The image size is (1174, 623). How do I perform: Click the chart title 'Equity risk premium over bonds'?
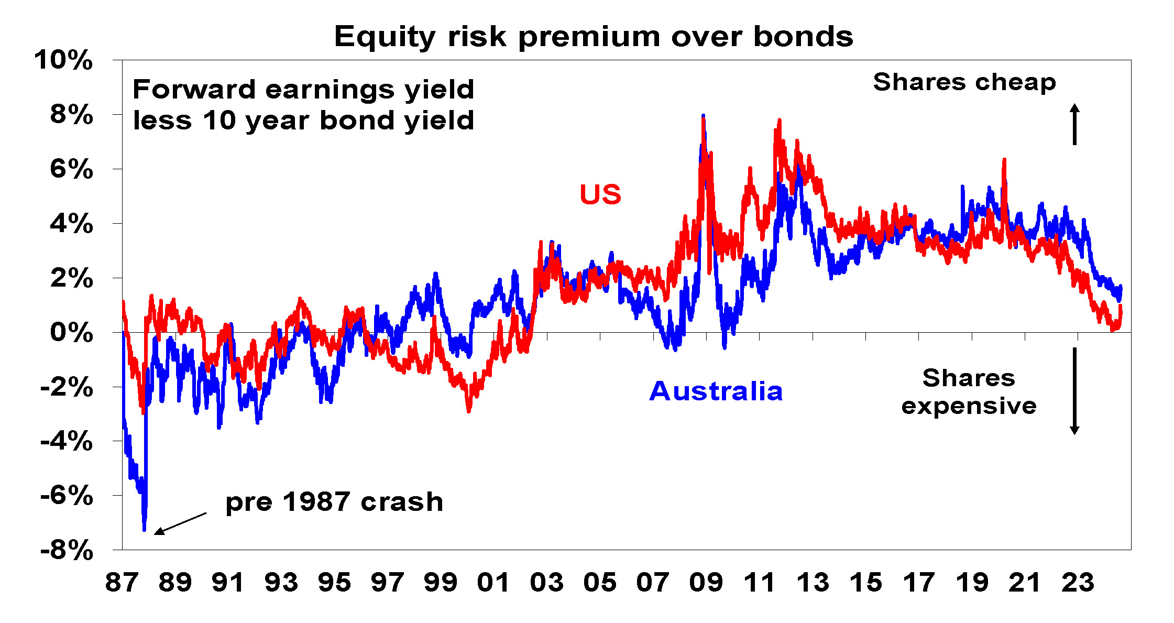coord(594,37)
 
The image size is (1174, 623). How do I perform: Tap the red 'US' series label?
coord(600,194)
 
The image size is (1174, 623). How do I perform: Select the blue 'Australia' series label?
coord(716,391)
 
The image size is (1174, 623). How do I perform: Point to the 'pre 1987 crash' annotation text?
coord(334,502)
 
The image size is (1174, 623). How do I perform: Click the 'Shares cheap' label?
coord(964,82)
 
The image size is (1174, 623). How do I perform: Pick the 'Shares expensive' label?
coord(969,392)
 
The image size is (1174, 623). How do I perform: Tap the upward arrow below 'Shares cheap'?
coord(1074,124)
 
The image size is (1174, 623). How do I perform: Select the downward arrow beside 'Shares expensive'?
coord(1074,391)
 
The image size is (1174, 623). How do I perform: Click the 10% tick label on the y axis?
coord(63,60)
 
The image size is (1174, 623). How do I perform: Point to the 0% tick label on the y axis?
coord(71,332)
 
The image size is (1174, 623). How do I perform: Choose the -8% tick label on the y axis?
coord(67,551)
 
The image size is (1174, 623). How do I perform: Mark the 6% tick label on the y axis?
coord(71,169)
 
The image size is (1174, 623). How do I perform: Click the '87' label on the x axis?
coord(122,583)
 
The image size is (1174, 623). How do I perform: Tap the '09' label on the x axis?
coord(706,583)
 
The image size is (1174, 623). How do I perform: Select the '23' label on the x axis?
coord(1078,583)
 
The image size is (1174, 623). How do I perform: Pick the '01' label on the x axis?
coord(493,583)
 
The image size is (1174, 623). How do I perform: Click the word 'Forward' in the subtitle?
coord(193,89)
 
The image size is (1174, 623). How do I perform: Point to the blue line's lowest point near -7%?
coord(144,529)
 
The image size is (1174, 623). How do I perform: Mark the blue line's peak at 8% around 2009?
coord(703,116)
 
